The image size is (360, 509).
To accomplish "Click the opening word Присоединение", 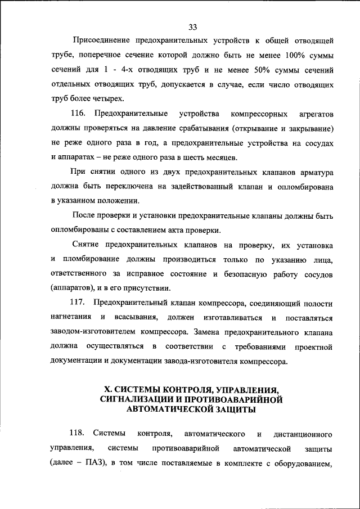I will pyautogui.click(x=98, y=42).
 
